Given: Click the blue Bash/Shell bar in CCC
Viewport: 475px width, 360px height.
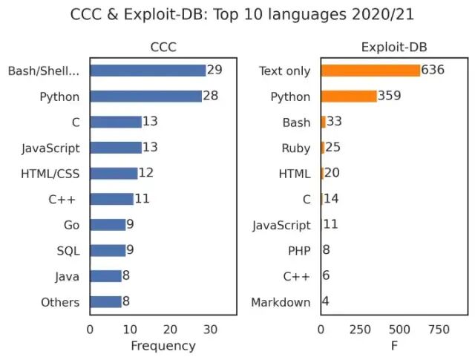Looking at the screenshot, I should tap(148, 71).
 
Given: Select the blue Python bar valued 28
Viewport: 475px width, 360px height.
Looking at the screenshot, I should tap(145, 96).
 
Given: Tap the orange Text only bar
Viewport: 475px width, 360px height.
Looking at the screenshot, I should tap(370, 71).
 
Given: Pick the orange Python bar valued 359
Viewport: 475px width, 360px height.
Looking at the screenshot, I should tap(349, 96).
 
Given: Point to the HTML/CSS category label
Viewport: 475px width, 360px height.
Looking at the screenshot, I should tap(50, 174).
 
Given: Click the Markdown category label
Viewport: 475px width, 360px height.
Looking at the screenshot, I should tap(281, 302).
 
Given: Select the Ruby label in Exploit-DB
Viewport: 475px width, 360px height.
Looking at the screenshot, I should tap(295, 148).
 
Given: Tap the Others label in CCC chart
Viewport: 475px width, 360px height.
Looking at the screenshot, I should tap(60, 302).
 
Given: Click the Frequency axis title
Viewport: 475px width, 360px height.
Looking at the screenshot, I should tap(163, 346).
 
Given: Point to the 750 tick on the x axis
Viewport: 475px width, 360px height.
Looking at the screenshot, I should tap(439, 329).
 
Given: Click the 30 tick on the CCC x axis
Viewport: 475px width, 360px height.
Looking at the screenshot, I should tap(210, 329).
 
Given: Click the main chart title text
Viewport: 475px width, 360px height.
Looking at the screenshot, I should tap(242, 14).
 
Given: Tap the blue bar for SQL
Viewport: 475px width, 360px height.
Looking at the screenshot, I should tap(108, 251).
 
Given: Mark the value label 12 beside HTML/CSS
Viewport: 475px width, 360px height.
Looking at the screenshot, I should tap(146, 173).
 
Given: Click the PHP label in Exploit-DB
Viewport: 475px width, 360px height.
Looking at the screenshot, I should tap(299, 251).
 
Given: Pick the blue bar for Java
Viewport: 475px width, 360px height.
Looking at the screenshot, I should tap(105, 276).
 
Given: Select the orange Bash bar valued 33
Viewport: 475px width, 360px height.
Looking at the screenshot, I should tap(324, 122).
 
